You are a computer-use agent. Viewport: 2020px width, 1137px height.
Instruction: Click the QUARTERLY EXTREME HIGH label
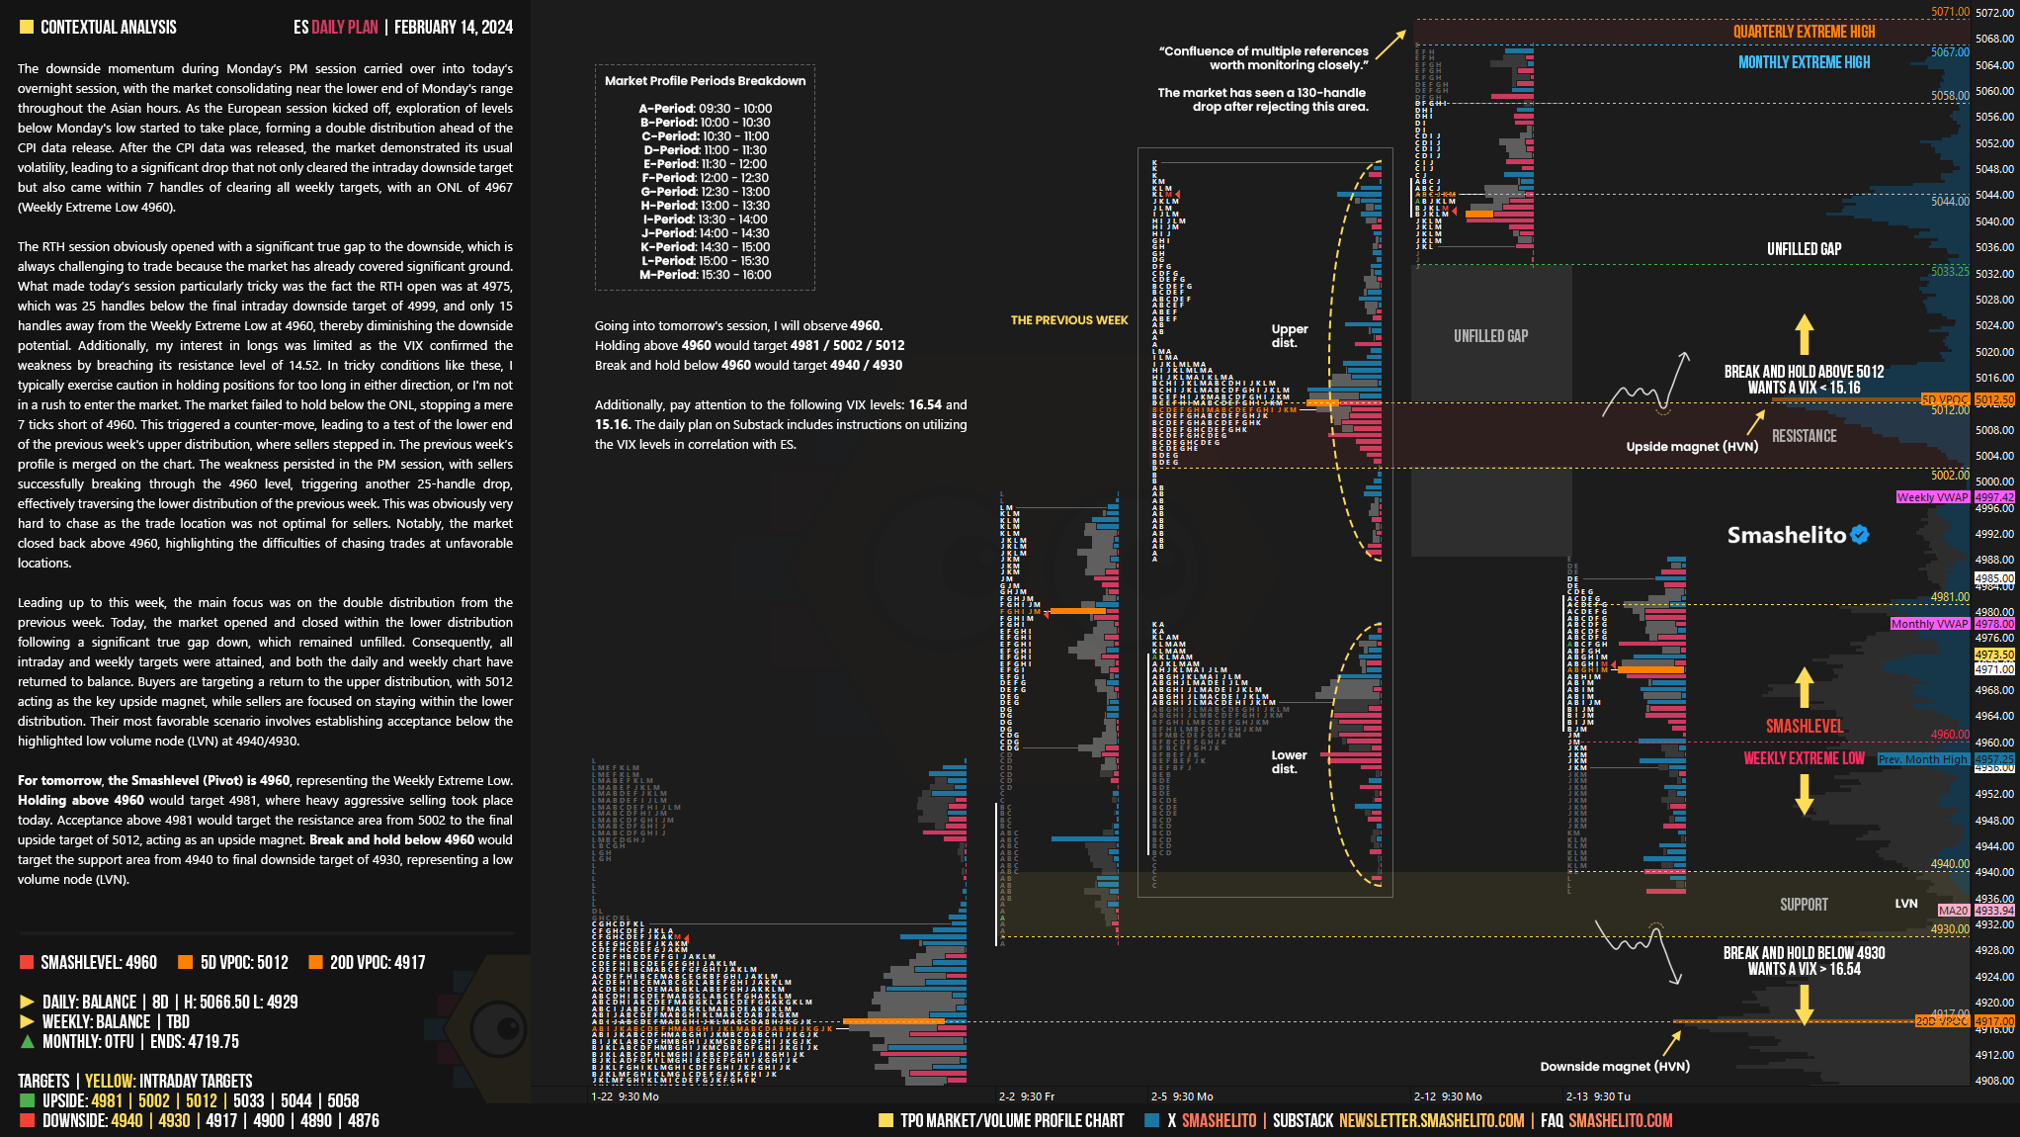(x=1804, y=32)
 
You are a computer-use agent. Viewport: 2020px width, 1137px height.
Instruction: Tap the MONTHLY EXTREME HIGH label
(x=1804, y=62)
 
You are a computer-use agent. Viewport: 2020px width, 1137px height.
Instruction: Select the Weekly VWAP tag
(x=1932, y=497)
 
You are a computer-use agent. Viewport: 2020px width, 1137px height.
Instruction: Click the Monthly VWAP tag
(x=1929, y=624)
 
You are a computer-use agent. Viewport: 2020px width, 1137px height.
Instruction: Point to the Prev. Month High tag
(x=1922, y=759)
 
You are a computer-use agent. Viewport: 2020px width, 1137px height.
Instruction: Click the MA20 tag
(x=1953, y=910)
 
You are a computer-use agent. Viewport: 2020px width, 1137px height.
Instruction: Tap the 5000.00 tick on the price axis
(x=1994, y=481)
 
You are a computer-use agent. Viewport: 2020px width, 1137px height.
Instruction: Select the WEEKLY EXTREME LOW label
(x=1804, y=758)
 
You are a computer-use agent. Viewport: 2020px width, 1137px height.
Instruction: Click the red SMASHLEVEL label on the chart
(x=1804, y=727)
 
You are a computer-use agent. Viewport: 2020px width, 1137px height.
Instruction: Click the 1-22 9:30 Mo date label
(x=625, y=1096)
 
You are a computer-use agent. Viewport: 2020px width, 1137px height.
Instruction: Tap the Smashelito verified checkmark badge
(x=1860, y=535)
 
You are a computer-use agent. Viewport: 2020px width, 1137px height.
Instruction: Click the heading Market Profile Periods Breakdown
(x=705, y=81)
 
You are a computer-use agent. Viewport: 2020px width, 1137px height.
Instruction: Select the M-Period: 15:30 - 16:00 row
(x=705, y=275)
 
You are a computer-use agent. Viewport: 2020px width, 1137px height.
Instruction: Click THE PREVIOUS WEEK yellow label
(x=1068, y=320)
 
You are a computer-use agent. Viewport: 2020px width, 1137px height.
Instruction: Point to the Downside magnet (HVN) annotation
(x=1614, y=1066)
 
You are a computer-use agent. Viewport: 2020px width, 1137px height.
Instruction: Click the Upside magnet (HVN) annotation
(x=1692, y=446)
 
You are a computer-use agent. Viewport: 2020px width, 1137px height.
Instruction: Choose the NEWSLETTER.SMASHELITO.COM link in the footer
(x=1431, y=1120)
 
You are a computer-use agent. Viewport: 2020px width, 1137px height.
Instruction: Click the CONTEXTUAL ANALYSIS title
(x=108, y=27)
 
